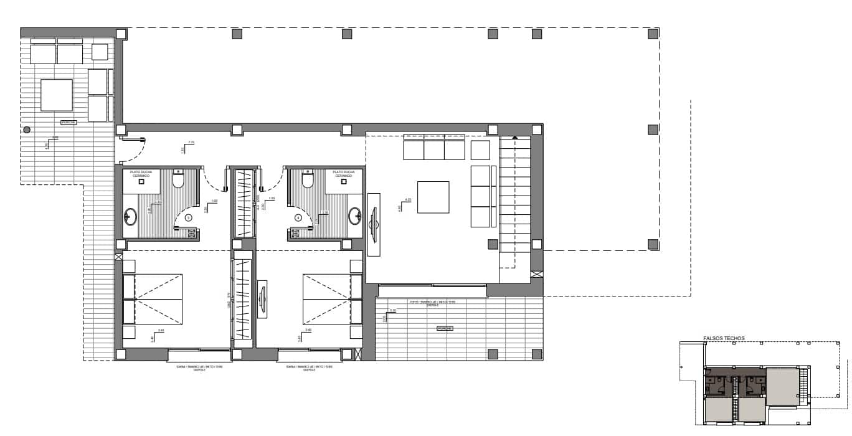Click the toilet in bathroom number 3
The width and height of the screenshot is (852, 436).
point(178,180)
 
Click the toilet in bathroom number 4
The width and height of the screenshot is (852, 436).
point(306,180)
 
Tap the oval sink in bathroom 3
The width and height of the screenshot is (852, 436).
point(131,217)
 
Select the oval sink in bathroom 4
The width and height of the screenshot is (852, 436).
point(354,216)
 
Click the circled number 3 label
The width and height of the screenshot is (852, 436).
point(188,218)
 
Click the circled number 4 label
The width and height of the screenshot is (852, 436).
point(298,218)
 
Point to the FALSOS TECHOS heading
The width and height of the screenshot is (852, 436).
point(724,339)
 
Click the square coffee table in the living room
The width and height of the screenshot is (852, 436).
point(433,197)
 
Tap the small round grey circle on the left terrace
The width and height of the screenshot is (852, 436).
point(27,130)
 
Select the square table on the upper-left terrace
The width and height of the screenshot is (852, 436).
point(57,94)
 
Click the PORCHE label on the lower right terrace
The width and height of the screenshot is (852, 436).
point(445,328)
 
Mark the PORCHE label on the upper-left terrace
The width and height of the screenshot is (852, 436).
point(69,123)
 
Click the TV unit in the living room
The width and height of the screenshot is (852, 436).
point(374,224)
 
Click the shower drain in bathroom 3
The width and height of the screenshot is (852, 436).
point(141,182)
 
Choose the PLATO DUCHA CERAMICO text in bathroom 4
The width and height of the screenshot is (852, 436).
point(343,174)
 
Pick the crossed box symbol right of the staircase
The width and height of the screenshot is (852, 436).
point(536,273)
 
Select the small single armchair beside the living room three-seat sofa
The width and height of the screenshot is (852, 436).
point(480,150)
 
